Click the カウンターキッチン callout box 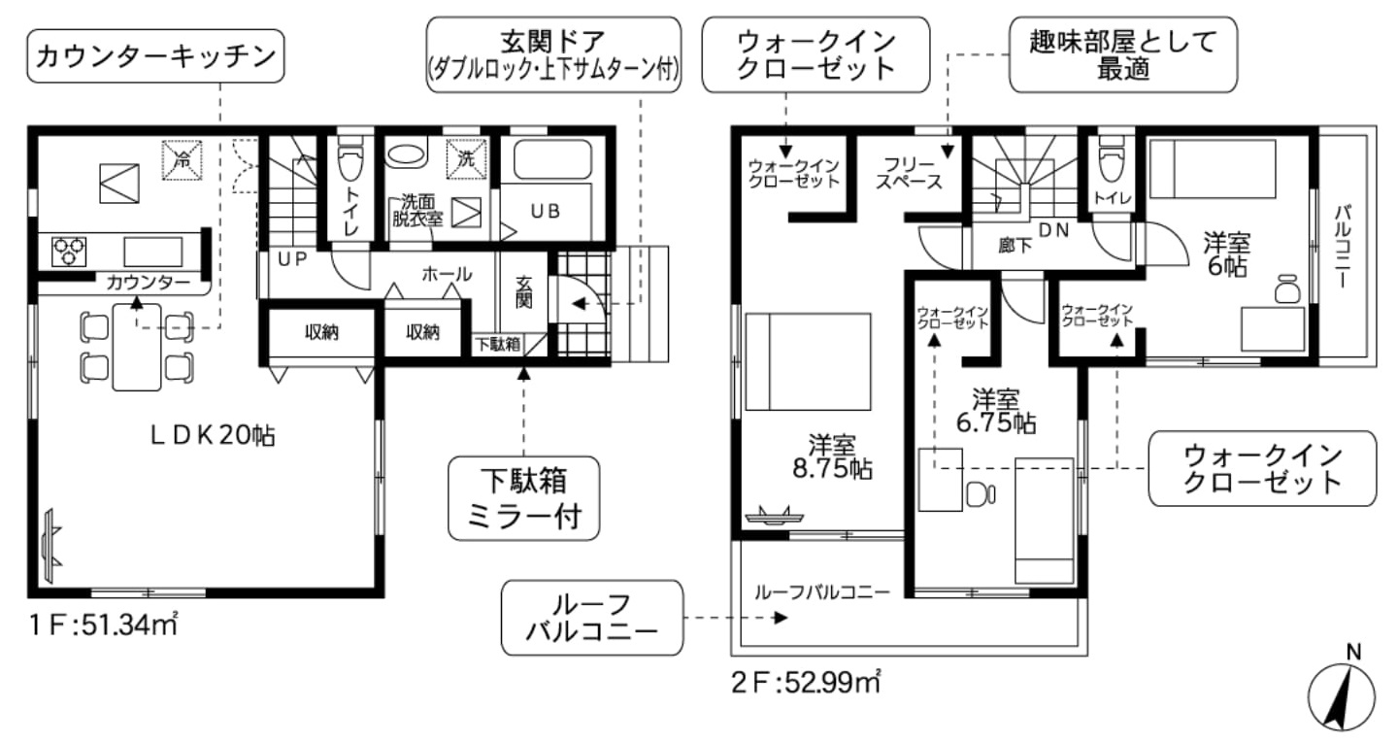point(155,56)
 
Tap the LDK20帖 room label point(213,435)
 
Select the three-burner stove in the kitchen point(69,252)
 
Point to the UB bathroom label point(546,212)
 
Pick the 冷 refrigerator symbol point(183,160)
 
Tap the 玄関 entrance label point(524,292)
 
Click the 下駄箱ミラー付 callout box point(524,498)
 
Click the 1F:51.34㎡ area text point(104,625)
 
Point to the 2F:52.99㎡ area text point(805,682)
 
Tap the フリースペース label point(910,174)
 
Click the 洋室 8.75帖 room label point(833,456)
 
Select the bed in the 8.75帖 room point(809,362)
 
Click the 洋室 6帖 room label point(1227,253)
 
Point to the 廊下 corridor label point(1015,246)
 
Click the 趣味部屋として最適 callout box point(1123,55)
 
